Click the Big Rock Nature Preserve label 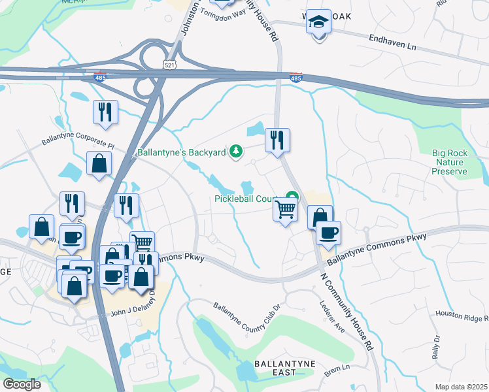pyautogui.click(x=450, y=162)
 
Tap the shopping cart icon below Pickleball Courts pyautogui.click(x=284, y=210)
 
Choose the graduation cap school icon pyautogui.click(x=318, y=22)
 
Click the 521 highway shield pyautogui.click(x=169, y=63)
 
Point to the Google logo pyautogui.click(x=22, y=384)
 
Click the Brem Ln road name pyautogui.click(x=338, y=369)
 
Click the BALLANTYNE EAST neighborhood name pyautogui.click(x=267, y=368)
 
